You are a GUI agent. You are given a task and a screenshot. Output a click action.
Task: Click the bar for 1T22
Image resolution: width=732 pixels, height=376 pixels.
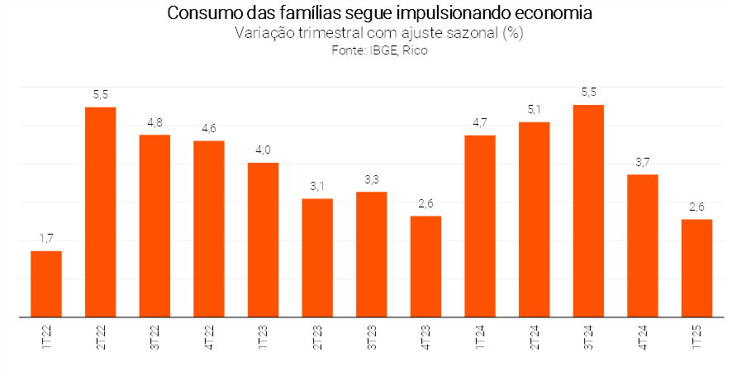(x=46, y=283)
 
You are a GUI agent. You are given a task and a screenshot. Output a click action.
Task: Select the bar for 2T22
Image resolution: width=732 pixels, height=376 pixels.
(x=101, y=212)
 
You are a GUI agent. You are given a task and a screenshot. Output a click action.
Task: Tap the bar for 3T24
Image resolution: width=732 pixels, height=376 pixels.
(x=588, y=211)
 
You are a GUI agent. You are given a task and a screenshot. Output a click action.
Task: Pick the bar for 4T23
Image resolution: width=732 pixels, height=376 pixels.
(x=425, y=266)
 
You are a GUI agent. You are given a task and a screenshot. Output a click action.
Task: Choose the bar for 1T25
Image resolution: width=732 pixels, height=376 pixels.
(x=696, y=268)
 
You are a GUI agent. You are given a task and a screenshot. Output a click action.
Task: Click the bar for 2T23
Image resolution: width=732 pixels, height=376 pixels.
(x=317, y=257)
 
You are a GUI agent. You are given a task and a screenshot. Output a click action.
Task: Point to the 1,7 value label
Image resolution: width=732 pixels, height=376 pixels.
(x=46, y=238)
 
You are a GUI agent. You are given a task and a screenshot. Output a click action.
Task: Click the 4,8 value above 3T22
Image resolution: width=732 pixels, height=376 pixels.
(x=154, y=122)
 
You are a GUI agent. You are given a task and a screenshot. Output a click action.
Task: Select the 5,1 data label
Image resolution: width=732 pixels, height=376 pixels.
(x=534, y=109)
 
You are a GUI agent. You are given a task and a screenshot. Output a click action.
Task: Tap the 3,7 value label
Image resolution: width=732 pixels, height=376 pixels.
(x=642, y=162)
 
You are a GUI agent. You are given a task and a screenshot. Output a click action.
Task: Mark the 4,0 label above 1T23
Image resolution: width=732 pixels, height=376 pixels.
(x=263, y=150)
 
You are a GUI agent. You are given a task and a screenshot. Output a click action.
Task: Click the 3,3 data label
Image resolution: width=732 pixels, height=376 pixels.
(x=371, y=179)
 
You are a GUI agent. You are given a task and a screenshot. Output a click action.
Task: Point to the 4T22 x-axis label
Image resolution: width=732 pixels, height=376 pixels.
(x=209, y=336)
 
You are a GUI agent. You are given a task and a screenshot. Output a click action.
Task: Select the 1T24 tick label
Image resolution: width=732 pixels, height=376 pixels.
(x=480, y=336)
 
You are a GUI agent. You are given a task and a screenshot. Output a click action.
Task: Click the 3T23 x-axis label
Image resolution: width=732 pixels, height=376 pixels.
(x=372, y=336)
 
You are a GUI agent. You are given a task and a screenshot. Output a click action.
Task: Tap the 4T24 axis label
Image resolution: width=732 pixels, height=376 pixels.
(x=643, y=336)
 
